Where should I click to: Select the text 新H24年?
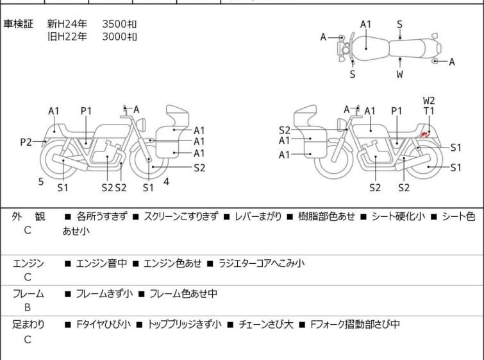(63, 24)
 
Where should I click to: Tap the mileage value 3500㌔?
(120, 24)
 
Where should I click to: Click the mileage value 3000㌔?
(120, 37)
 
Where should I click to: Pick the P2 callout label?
(26, 142)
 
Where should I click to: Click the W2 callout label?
(429, 101)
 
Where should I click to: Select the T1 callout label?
(429, 111)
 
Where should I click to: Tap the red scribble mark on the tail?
(424, 134)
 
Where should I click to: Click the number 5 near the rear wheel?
(41, 182)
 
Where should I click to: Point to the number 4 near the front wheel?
(166, 182)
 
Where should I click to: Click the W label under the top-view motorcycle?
(399, 74)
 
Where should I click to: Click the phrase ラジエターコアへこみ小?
(262, 263)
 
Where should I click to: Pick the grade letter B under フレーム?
(28, 307)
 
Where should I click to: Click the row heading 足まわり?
(28, 325)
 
